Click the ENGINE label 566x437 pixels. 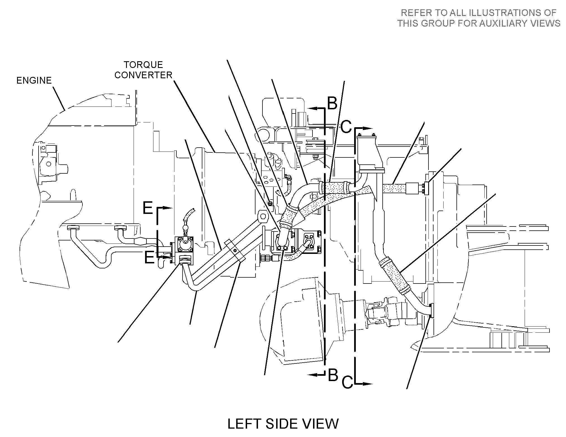click(x=34, y=81)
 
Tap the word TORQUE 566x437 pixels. click(x=143, y=65)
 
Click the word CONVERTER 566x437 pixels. click(x=143, y=75)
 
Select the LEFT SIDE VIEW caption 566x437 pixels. click(x=283, y=424)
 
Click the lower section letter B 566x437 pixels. click(x=333, y=375)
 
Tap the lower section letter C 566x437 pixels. click(x=347, y=382)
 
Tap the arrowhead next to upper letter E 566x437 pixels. click(x=167, y=208)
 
